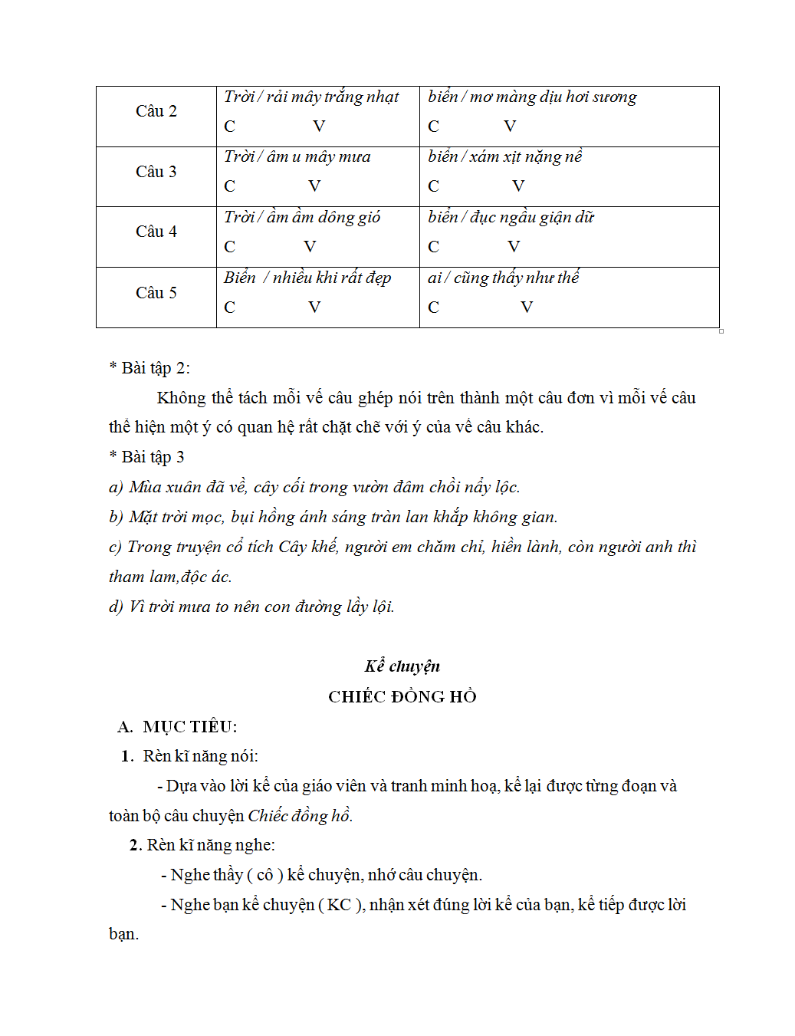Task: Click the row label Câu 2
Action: tap(156, 111)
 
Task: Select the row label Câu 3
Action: tap(156, 172)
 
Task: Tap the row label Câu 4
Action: tap(156, 232)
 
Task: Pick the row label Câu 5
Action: tap(156, 293)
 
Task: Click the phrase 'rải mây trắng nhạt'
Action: tap(333, 97)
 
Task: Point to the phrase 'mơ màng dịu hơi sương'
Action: tap(553, 97)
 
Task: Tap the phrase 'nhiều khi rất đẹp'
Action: tap(331, 278)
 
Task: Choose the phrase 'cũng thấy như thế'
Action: tap(516, 278)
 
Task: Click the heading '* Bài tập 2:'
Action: tap(149, 368)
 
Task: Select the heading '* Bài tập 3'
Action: tap(146, 457)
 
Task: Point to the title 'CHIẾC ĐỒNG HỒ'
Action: tap(402, 696)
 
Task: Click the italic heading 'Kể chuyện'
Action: tap(402, 666)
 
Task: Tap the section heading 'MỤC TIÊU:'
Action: tap(189, 727)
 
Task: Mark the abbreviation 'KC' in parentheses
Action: tap(339, 905)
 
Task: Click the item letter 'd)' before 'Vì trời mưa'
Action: tap(116, 607)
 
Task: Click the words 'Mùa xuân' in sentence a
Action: tap(160, 487)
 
